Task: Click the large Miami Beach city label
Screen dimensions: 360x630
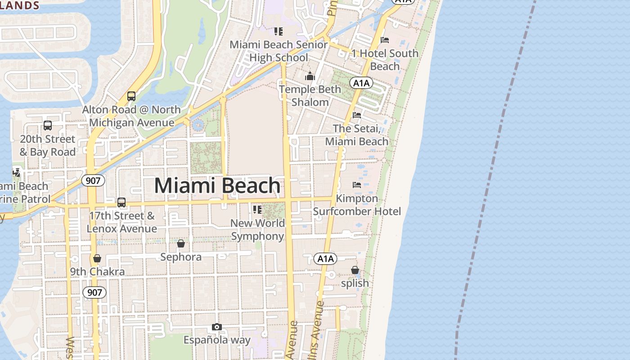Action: pos(217,186)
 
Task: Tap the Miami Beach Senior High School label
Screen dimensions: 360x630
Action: pos(279,51)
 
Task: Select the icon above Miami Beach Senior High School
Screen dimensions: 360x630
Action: pos(279,31)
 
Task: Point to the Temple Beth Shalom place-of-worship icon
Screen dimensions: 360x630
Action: pos(310,76)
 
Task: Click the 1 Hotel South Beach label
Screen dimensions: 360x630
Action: pos(385,59)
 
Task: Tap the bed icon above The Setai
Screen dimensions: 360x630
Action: pos(357,115)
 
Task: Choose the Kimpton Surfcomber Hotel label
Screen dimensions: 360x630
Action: pos(357,205)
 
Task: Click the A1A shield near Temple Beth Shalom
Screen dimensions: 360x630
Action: pos(361,83)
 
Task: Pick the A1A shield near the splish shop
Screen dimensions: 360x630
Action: pos(325,259)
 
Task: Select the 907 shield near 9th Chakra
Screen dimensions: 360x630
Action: pos(94,292)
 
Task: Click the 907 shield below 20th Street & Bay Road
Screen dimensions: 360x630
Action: pos(93,181)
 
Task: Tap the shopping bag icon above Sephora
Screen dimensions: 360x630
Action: pos(181,243)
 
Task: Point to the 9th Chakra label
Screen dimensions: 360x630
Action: pos(97,272)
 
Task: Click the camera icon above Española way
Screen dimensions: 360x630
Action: pos(217,327)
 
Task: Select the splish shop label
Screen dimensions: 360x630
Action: pos(355,283)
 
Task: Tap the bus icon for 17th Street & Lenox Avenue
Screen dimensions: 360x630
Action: pos(121,202)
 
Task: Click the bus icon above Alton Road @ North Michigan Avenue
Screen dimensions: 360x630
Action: pos(131,96)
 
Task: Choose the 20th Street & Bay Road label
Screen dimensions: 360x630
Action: pos(47,145)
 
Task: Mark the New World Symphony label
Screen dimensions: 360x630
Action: pos(258,229)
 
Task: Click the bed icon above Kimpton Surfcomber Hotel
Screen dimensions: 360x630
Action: pos(357,184)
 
